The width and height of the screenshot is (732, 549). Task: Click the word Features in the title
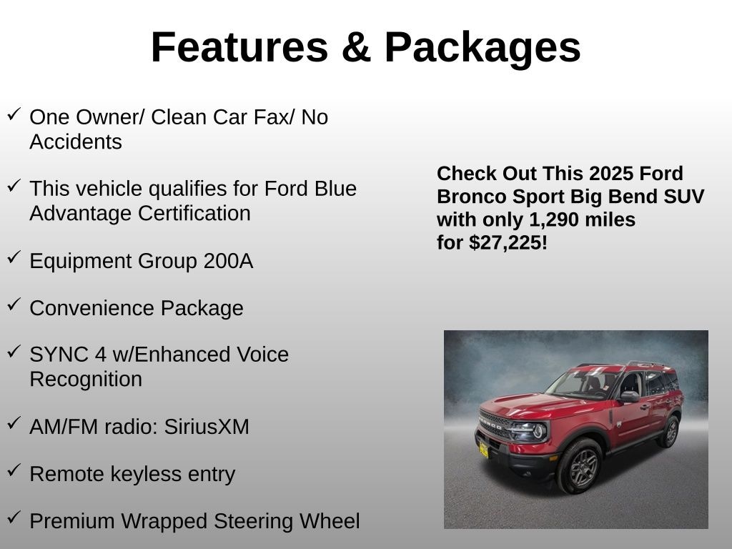pos(239,47)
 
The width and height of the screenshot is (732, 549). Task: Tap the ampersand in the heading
pos(356,47)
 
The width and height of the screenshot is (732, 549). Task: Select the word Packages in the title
pos(483,49)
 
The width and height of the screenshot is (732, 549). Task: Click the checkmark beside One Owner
pos(14,114)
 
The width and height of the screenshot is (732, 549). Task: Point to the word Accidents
pos(76,142)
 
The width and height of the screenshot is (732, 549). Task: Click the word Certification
pos(194,213)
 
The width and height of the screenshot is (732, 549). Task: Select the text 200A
pos(228,260)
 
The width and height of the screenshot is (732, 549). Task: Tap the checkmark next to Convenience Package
pos(14,305)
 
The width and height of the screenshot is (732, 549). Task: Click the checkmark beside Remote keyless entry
pos(14,470)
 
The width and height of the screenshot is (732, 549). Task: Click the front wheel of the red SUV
pos(580,466)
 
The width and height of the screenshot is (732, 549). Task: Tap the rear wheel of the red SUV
pos(671,432)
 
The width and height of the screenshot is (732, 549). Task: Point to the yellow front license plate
pos(484,450)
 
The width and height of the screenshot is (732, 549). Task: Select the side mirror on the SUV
pos(630,397)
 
